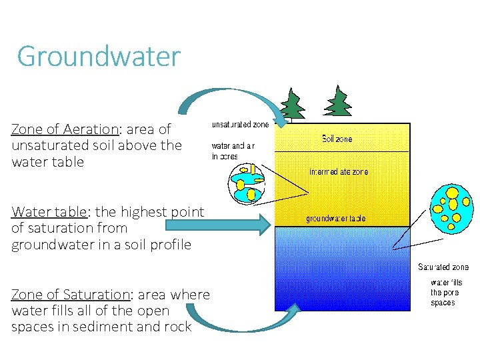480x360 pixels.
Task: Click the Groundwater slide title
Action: (99, 57)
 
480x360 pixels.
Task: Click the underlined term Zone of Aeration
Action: (64, 129)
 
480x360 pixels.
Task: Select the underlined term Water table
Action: (49, 212)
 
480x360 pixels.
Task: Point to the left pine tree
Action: (291, 105)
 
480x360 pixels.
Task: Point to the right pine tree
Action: (339, 101)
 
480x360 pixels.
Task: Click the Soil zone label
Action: (337, 139)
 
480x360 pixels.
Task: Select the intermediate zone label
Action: (338, 171)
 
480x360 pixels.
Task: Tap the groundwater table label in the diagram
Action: (335, 219)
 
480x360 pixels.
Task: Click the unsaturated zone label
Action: (240, 125)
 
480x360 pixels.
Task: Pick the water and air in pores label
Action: (233, 151)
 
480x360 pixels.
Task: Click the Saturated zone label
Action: (443, 267)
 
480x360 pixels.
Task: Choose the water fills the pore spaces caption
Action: (445, 293)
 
